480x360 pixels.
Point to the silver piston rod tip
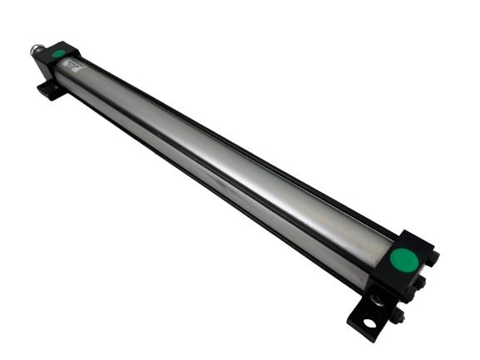click(37, 50)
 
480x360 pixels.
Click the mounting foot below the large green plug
click(366, 313)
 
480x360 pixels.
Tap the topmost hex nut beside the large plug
click(432, 259)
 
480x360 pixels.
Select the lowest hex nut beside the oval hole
click(398, 315)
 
